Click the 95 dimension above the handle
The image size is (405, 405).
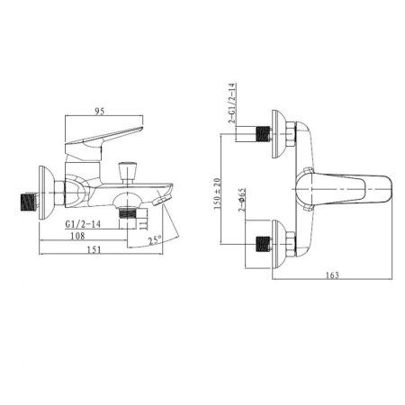tap(100, 112)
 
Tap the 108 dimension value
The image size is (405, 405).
tap(77, 236)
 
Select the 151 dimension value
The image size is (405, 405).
tap(94, 249)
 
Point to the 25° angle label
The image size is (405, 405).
tap(155, 240)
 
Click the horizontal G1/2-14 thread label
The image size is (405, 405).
tap(83, 224)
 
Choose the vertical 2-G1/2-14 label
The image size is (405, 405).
tap(232, 103)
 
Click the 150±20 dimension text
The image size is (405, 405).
tap(217, 193)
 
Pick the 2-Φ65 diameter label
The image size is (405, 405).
tap(242, 200)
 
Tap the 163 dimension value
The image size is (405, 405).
tap(332, 274)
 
